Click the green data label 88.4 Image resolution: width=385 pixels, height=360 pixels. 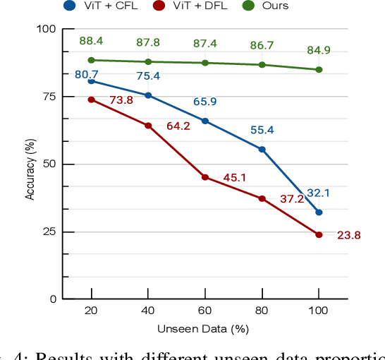pos(91,42)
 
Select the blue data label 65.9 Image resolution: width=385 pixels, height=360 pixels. pos(204,102)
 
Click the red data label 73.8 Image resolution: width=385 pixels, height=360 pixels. pos(121,100)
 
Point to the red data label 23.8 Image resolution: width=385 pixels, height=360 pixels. pos(348,236)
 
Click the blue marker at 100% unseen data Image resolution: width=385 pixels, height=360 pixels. pos(319,212)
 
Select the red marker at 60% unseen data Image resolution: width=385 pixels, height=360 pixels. pos(205,177)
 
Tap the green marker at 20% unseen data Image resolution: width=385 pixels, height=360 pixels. pos(91,60)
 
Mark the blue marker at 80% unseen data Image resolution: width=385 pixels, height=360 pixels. pos(262,149)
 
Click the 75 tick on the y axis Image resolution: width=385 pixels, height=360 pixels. pos(48,97)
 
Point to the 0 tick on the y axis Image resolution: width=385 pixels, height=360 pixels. pos(52,299)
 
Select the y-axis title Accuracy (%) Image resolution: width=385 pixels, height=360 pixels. pos(30,164)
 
